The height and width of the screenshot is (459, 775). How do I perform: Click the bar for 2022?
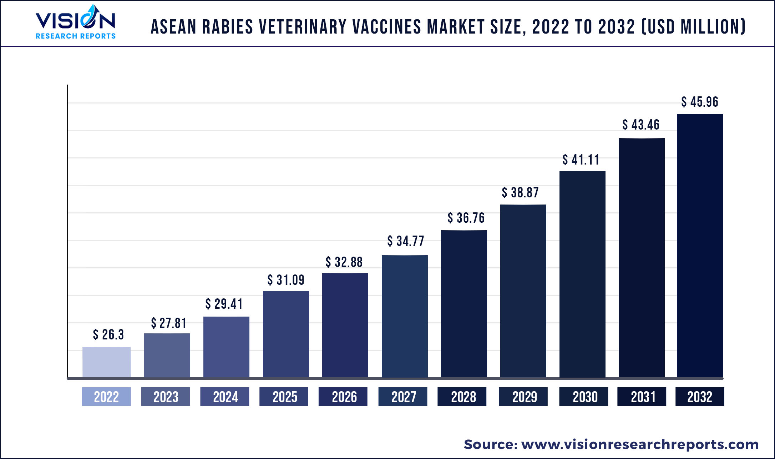pyautogui.click(x=106, y=362)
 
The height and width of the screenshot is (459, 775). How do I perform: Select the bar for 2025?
pyautogui.click(x=286, y=334)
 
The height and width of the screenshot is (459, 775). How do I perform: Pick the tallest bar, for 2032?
pyautogui.click(x=700, y=245)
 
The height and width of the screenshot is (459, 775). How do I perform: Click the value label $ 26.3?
pyautogui.click(x=108, y=334)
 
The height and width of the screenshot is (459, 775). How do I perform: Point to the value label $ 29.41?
pyautogui.click(x=224, y=304)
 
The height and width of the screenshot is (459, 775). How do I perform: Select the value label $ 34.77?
pyautogui.click(x=406, y=241)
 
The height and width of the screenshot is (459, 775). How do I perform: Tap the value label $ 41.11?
pyautogui.click(x=581, y=160)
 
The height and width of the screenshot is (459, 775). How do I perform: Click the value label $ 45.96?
pyautogui.click(x=699, y=102)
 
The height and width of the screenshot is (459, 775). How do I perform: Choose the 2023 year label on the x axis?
pyautogui.click(x=166, y=397)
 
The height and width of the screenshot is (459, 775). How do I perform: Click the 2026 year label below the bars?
pyautogui.click(x=344, y=397)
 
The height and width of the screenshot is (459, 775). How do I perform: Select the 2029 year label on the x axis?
pyautogui.click(x=524, y=397)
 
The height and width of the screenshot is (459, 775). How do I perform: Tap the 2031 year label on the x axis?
pyautogui.click(x=643, y=397)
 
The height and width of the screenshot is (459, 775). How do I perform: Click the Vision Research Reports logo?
pyautogui.click(x=75, y=22)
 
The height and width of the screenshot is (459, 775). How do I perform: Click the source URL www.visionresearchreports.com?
pyautogui.click(x=640, y=444)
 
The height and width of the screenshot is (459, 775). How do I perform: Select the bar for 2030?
pyautogui.click(x=582, y=274)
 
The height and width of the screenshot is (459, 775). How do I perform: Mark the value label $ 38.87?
pyautogui.click(x=520, y=192)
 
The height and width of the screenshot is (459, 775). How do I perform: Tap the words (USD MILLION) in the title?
pyautogui.click(x=694, y=27)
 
